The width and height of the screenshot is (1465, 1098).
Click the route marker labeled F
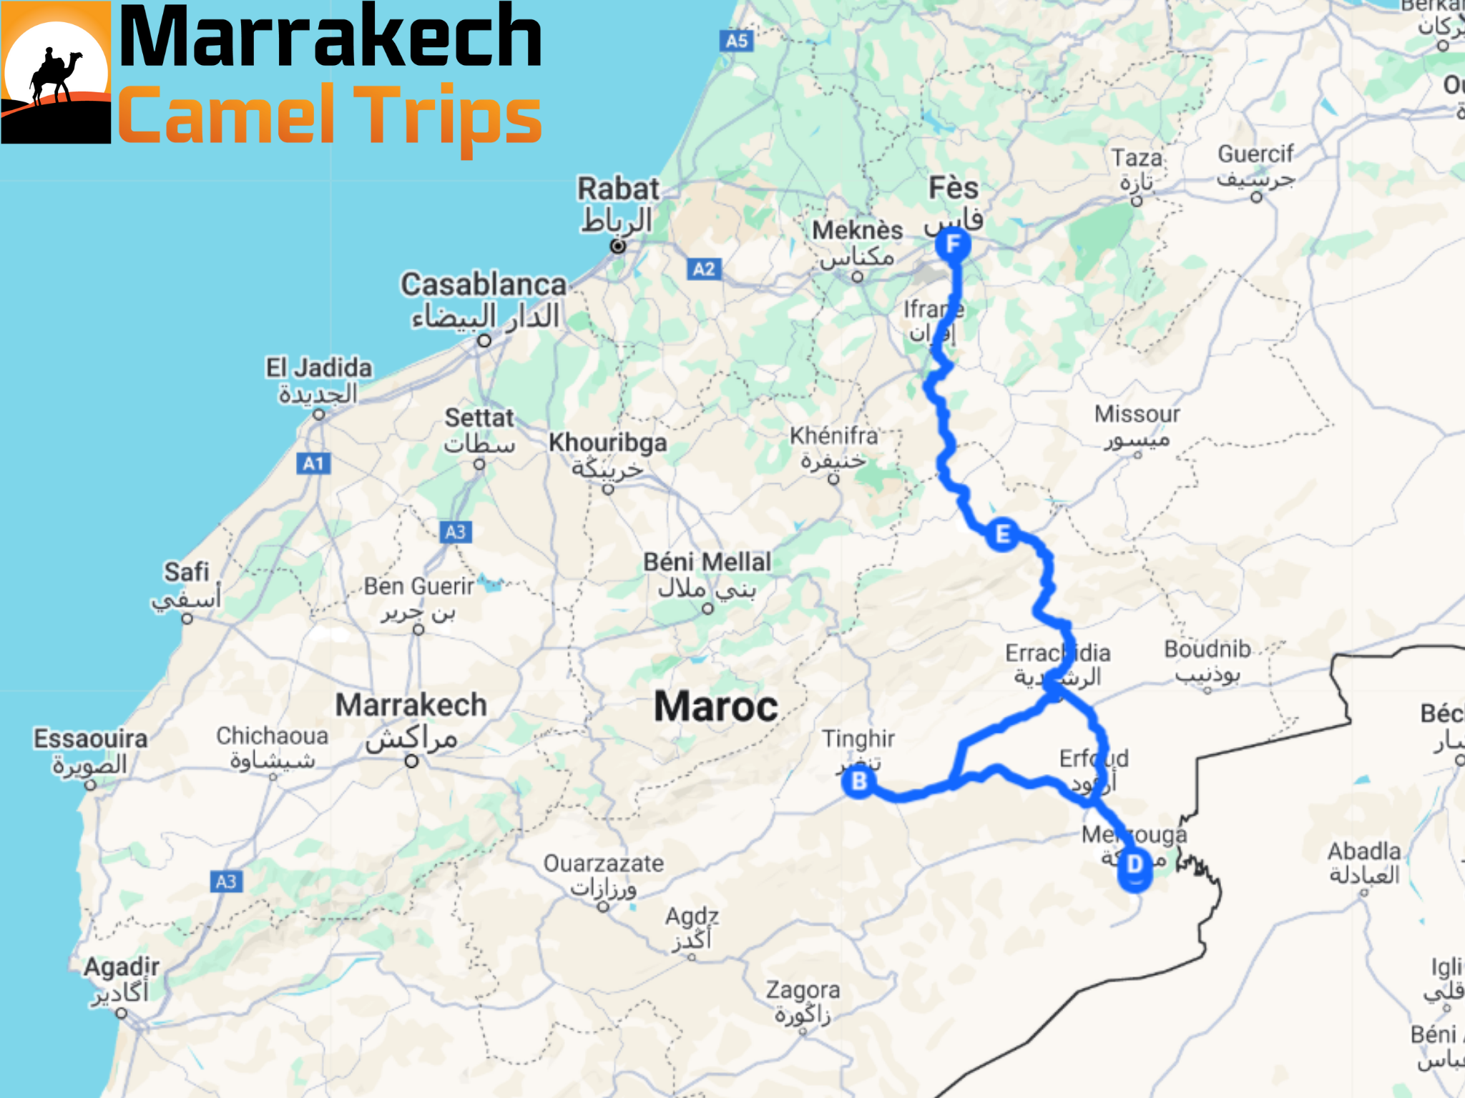tap(953, 245)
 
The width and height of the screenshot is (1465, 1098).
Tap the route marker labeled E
tap(1002, 534)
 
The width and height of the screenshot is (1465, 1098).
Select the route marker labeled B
tap(859, 781)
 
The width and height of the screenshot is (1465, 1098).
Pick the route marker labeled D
tap(1135, 866)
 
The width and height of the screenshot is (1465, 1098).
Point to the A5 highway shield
tap(736, 41)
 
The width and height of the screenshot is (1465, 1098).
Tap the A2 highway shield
tap(704, 269)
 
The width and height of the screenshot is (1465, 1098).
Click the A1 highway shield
tap(313, 463)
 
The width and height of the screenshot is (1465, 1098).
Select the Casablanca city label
tap(484, 285)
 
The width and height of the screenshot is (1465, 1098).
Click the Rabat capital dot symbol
tap(618, 247)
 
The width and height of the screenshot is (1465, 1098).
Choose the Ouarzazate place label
tap(604, 864)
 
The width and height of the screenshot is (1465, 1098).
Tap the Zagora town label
tap(803, 990)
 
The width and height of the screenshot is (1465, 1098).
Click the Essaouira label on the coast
tap(91, 738)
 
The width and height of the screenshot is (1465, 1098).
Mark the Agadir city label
tap(122, 967)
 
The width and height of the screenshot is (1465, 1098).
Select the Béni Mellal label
tap(707, 563)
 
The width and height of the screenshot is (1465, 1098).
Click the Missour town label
tap(1137, 414)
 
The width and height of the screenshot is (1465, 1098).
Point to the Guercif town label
tap(1255, 154)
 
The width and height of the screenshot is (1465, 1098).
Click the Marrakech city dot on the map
tap(412, 761)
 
